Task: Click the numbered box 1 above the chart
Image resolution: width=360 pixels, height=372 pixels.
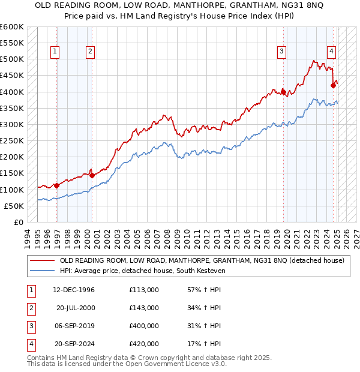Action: click(55, 52)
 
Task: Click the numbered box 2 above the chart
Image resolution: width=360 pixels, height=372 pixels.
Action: click(89, 52)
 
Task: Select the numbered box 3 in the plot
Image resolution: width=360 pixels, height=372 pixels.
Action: click(281, 52)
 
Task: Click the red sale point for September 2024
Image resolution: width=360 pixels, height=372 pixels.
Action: click(333, 86)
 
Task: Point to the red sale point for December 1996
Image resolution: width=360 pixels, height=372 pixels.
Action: click(57, 185)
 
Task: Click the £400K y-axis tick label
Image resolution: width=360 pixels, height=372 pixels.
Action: click(11, 92)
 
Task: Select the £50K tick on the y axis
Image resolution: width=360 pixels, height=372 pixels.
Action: click(14, 206)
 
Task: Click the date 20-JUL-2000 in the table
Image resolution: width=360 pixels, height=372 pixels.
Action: click(76, 308)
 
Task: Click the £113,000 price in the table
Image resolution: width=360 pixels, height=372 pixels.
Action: click(144, 290)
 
